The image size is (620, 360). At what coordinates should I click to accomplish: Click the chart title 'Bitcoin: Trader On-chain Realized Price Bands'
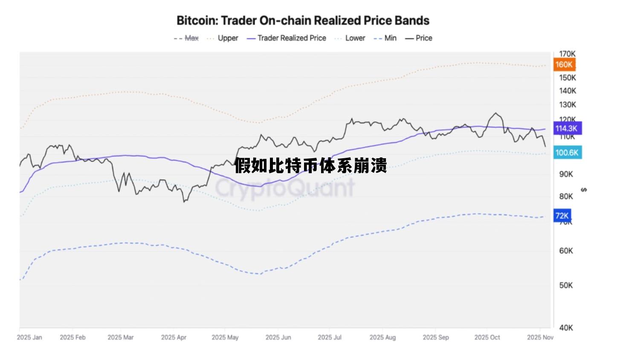303,20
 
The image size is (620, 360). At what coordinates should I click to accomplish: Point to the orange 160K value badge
564,64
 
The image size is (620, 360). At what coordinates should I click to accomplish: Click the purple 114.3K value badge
566,128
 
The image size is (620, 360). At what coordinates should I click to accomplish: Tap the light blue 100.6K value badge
567,152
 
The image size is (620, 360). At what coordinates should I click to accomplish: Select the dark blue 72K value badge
562,215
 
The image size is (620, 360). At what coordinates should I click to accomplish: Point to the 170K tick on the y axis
567,54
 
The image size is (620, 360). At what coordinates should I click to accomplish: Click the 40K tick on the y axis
566,328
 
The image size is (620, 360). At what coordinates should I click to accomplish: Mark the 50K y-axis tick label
566,285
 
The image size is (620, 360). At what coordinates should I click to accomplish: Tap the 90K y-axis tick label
566,174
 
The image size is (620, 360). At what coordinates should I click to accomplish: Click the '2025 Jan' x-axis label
29,337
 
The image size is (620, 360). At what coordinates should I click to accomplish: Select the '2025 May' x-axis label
225,337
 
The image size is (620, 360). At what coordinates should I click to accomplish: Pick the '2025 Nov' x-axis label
540,337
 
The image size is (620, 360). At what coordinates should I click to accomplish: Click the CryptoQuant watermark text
284,188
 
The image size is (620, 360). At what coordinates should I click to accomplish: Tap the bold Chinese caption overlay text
310,166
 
